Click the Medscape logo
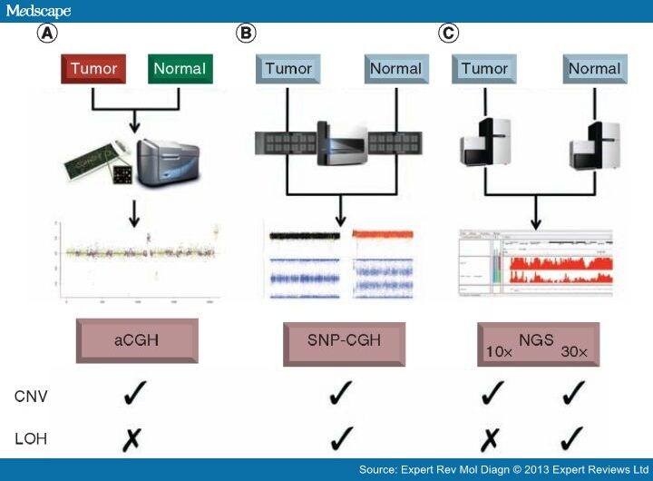(37, 11)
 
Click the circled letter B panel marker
(246, 34)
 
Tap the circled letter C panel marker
(448, 34)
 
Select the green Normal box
(179, 69)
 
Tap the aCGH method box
(138, 342)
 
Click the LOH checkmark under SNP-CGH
(341, 437)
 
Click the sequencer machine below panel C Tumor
(482, 145)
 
